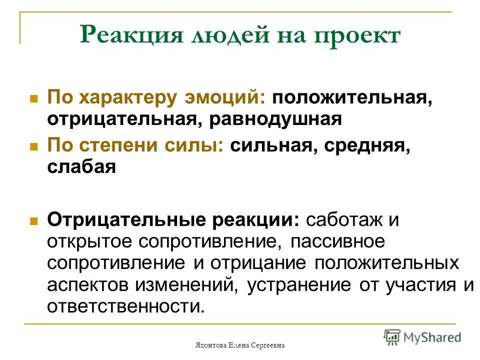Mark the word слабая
[82, 167]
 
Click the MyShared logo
[422, 336]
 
